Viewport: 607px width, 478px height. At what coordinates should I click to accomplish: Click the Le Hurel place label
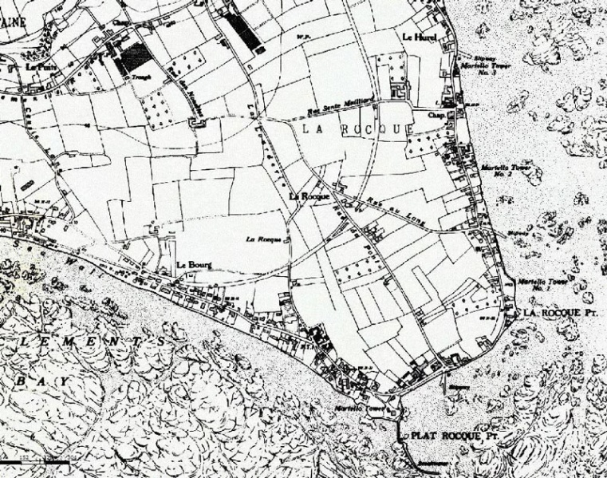point(415,38)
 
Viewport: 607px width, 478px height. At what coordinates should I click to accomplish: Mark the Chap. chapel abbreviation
point(436,114)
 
